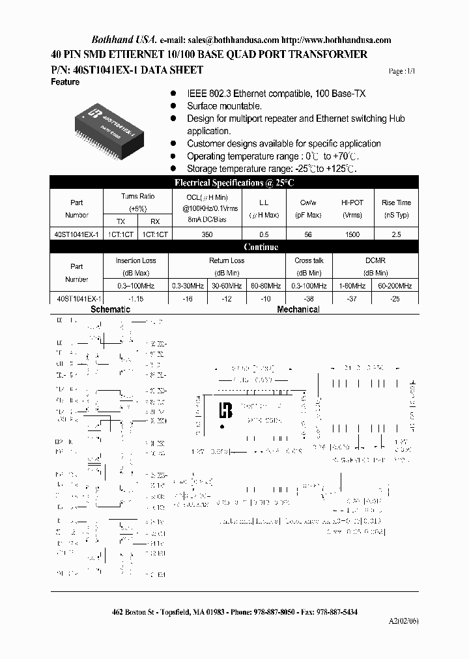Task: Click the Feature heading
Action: click(65, 82)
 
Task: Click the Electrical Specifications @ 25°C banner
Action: click(234, 183)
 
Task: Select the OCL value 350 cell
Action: click(206, 234)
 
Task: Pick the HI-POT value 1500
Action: click(352, 234)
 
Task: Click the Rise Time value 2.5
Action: click(396, 234)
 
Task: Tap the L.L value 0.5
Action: click(264, 234)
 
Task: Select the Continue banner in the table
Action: click(261, 247)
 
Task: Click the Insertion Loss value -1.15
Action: click(136, 298)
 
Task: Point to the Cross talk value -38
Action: click(309, 298)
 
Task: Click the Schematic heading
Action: click(110, 309)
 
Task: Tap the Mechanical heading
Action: click(298, 309)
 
